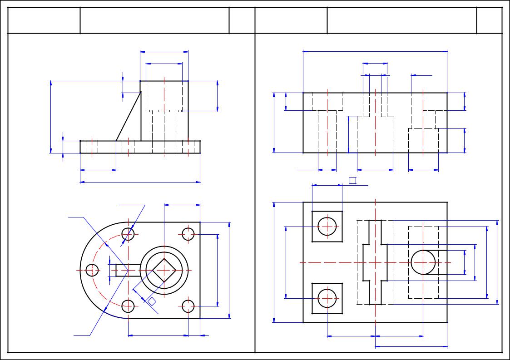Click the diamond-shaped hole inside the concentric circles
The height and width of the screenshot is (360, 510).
[164, 270]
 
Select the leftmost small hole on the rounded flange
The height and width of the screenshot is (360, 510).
[92, 271]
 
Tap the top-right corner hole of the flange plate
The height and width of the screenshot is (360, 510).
[188, 234]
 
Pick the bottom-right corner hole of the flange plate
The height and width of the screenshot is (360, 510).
[188, 306]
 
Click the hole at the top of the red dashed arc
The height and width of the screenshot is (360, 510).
[128, 234]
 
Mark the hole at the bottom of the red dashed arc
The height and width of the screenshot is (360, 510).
[128, 306]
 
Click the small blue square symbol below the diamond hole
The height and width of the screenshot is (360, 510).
[152, 301]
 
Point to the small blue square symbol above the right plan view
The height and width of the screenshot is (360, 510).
[352, 181]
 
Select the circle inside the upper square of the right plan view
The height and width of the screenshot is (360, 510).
[327, 226]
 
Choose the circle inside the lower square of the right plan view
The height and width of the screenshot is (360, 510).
[327, 298]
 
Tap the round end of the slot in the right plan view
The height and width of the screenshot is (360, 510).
[422, 262]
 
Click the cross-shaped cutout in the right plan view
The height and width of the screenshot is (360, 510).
[375, 262]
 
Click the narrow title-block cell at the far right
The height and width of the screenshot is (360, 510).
[489, 20]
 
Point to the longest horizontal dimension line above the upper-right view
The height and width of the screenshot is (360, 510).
[375, 51]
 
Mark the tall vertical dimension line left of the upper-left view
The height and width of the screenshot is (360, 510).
[50, 117]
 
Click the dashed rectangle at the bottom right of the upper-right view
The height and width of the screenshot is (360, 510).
[423, 141]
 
